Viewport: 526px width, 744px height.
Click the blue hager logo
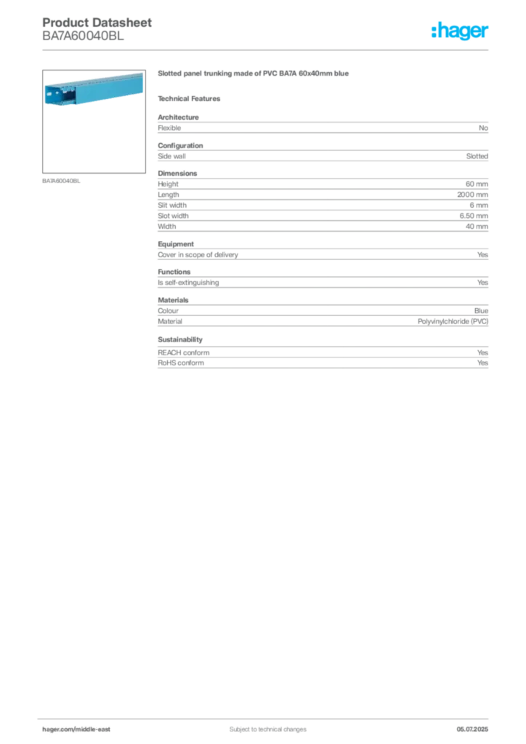click(461, 31)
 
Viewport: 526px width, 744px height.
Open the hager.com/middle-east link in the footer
click(81, 729)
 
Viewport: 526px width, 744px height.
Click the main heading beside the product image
click(255, 75)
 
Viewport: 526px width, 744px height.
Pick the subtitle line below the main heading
click(192, 97)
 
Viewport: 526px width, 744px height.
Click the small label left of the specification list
click(61, 181)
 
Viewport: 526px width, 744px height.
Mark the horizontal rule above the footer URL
click(267, 716)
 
